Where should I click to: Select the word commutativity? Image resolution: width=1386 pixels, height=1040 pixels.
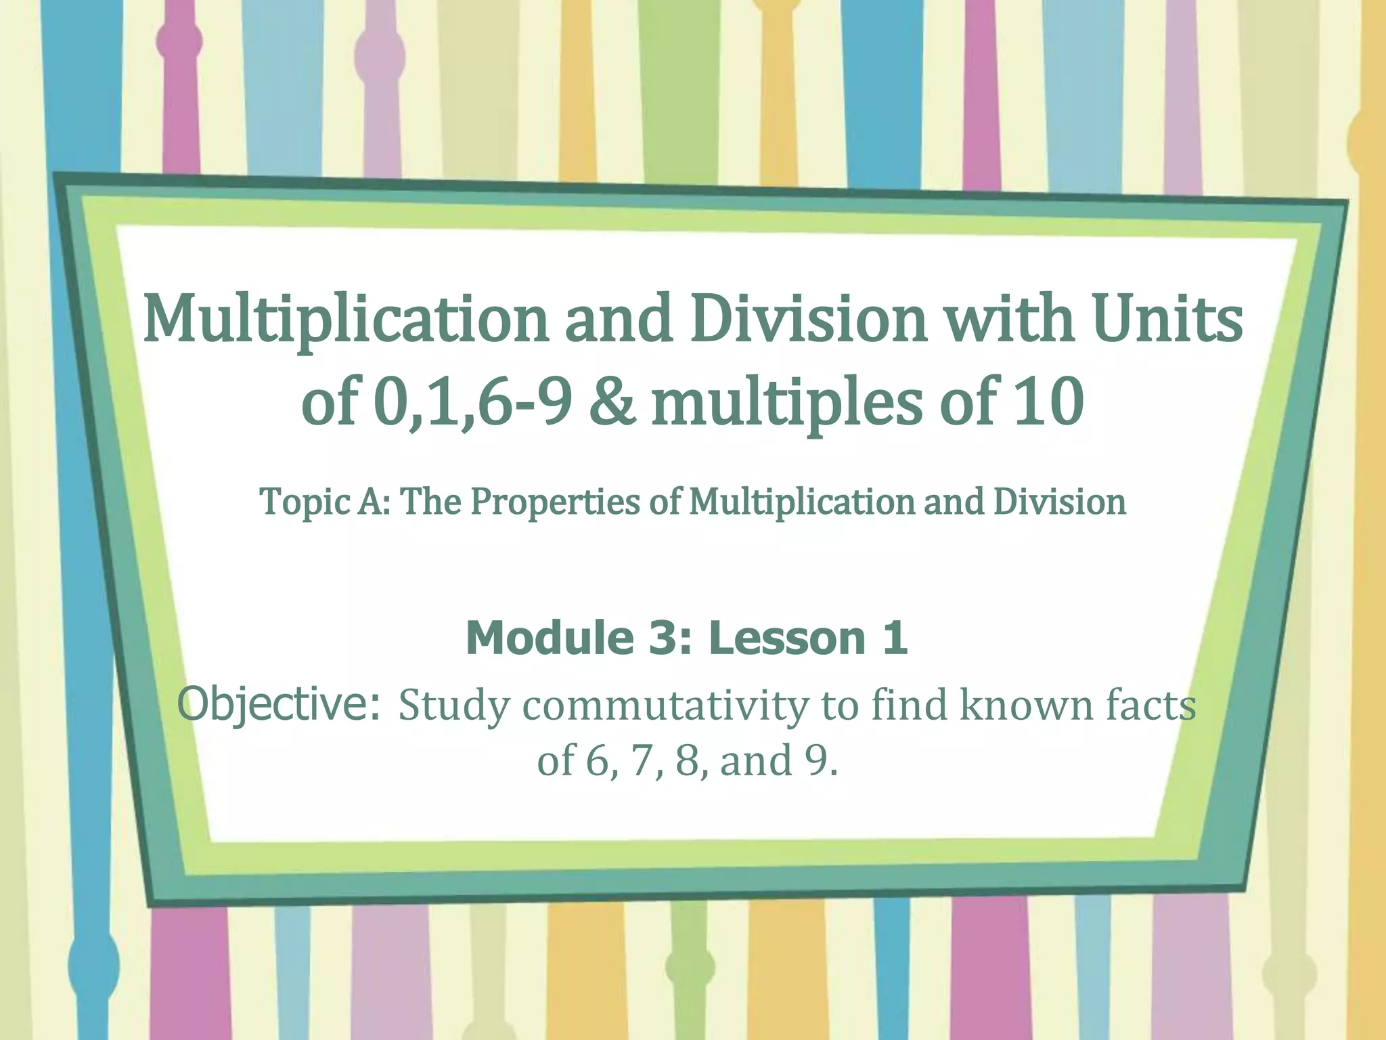pyautogui.click(x=665, y=706)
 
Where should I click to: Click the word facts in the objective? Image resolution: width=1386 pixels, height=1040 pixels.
pyautogui.click(x=1151, y=706)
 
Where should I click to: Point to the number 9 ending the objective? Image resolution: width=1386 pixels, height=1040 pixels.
pyautogui.click(x=821, y=760)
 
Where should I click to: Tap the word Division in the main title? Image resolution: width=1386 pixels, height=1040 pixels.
pyautogui.click(x=807, y=319)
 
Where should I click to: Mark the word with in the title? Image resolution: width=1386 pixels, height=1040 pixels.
pyautogui.click(x=1008, y=319)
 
